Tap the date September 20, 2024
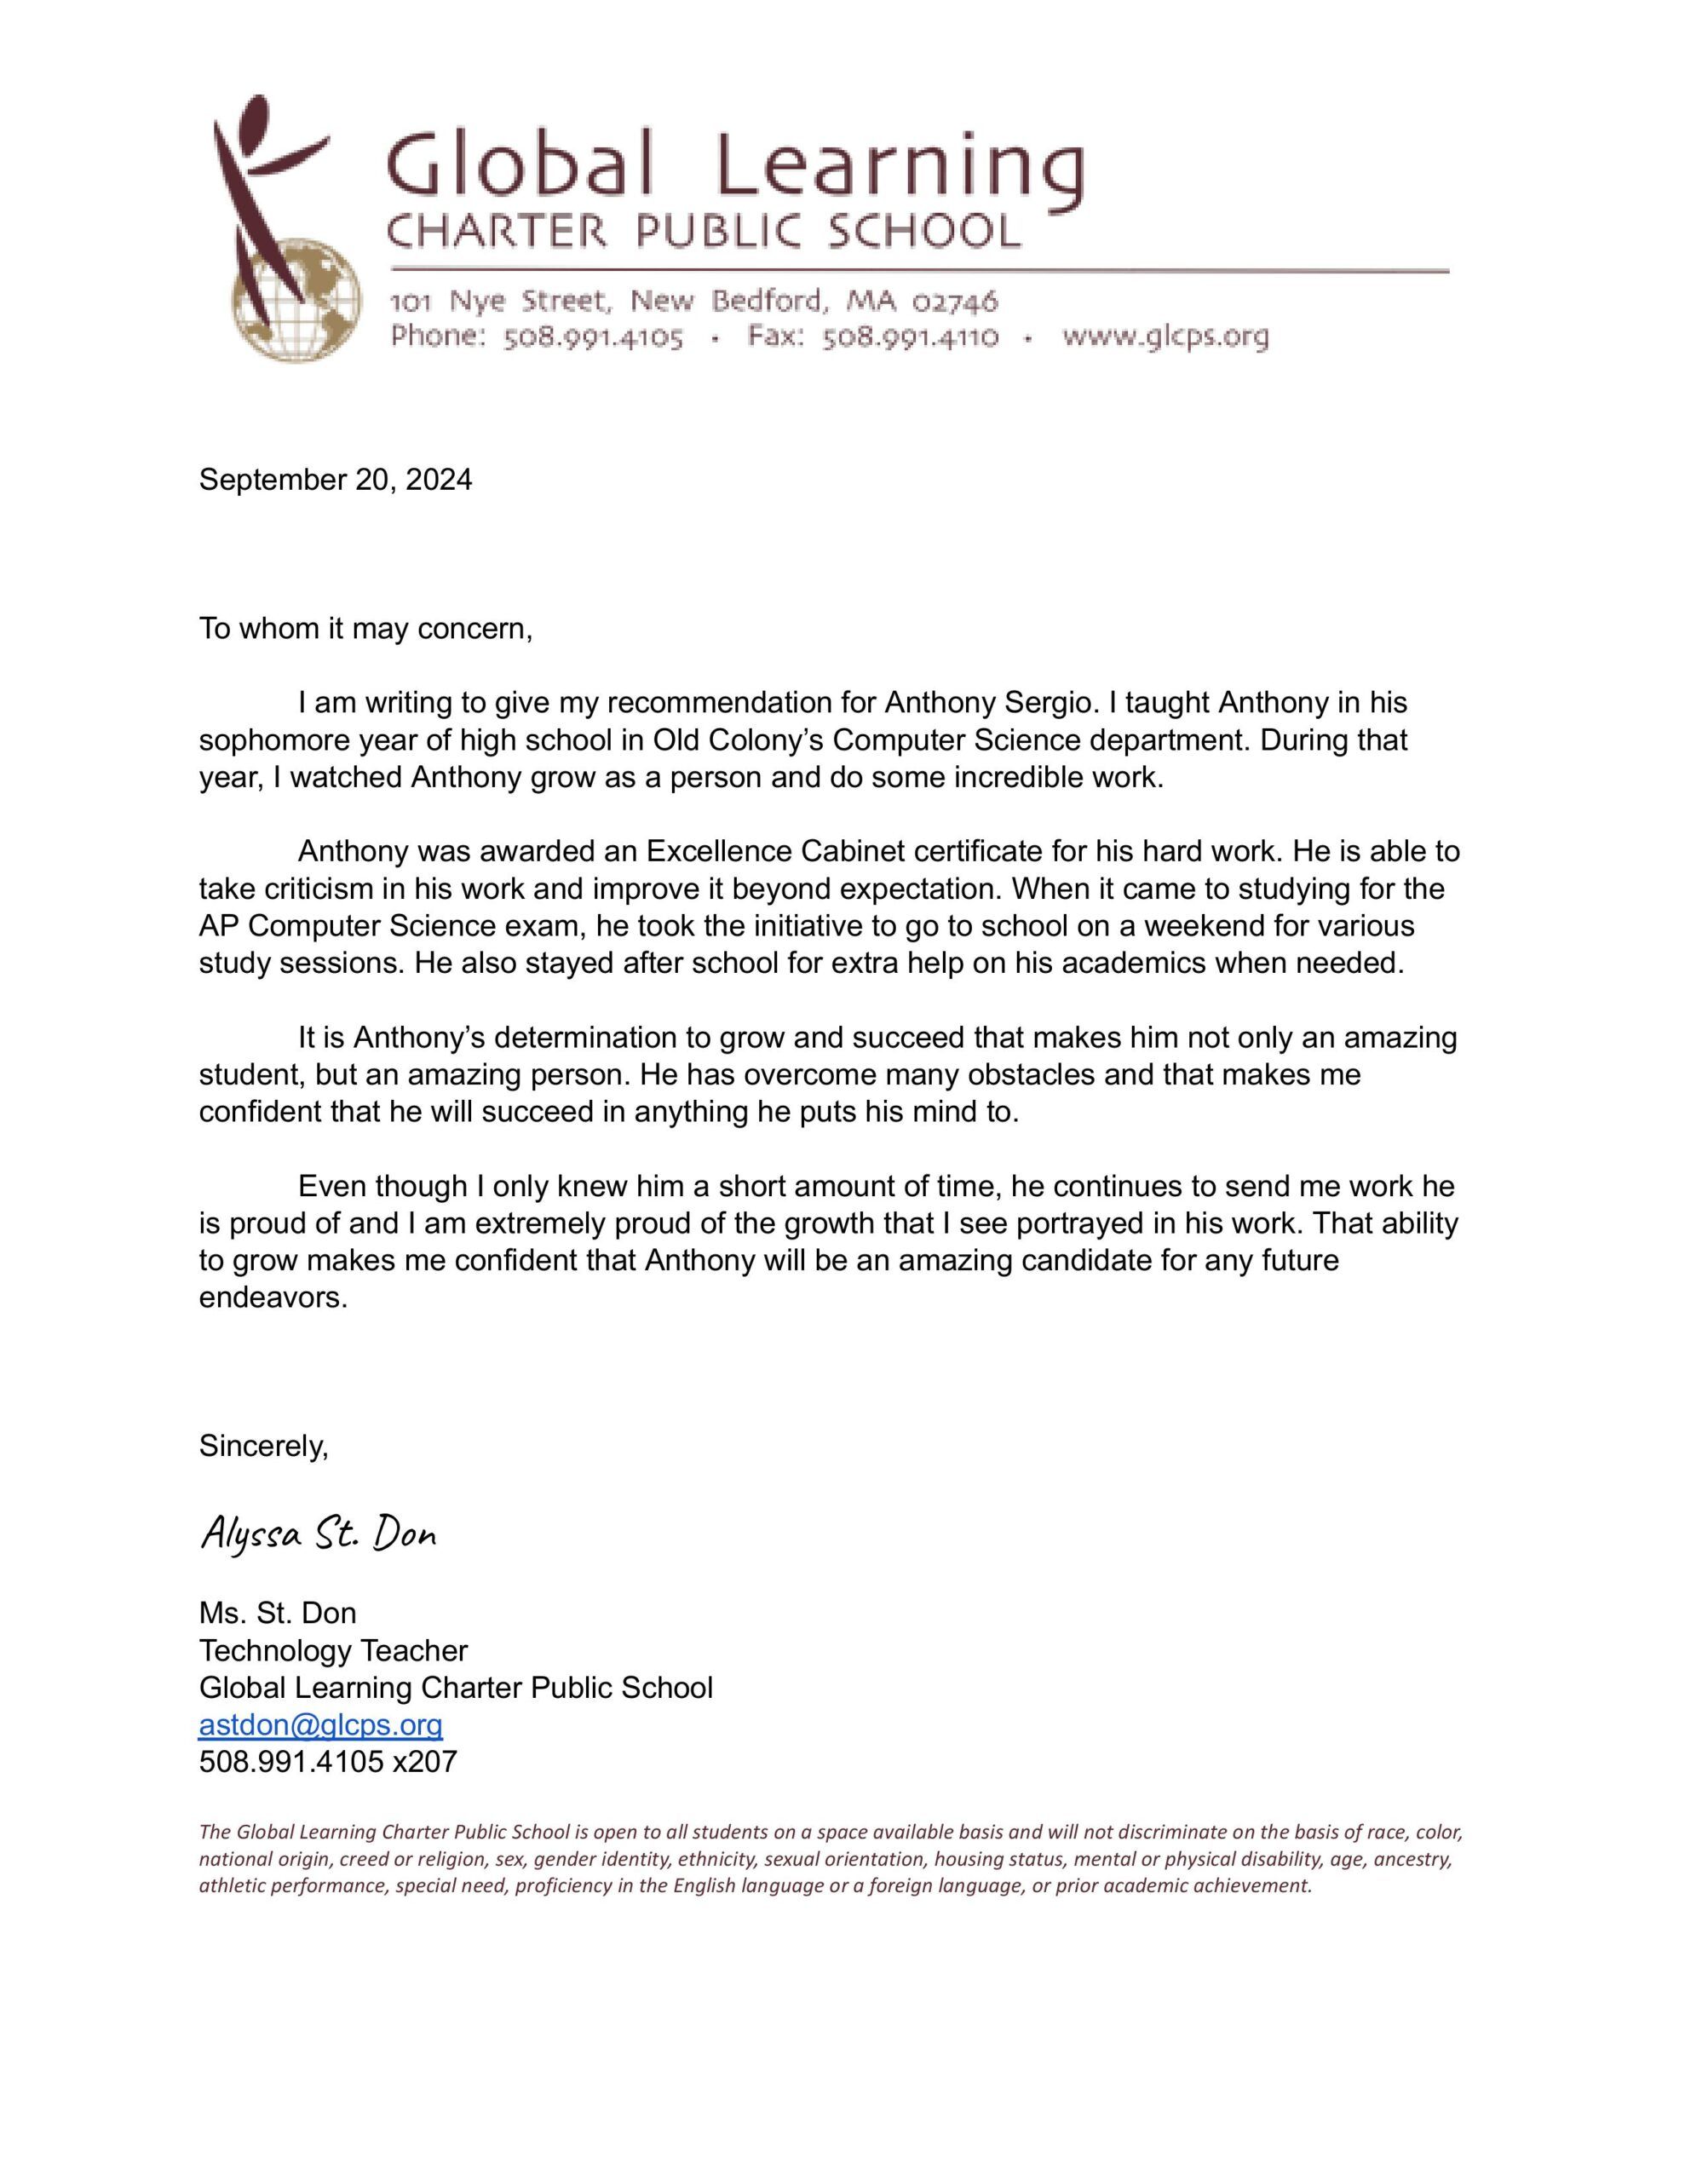[336, 481]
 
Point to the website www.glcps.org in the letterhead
[1165, 337]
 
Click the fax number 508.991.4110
[909, 337]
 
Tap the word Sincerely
[264, 1445]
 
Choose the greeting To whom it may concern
[365, 629]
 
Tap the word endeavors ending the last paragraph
[273, 1298]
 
